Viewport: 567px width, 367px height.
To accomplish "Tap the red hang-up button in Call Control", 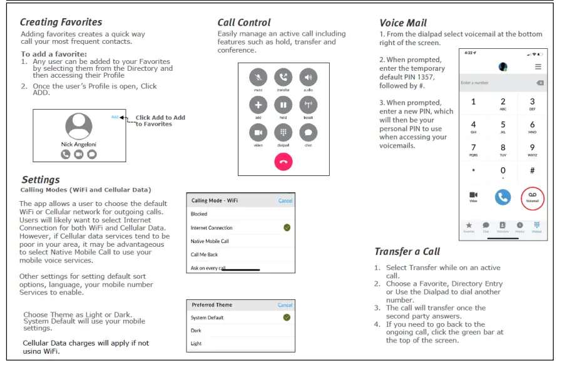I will tap(283, 162).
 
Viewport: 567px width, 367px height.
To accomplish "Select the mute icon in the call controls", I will tap(258, 78).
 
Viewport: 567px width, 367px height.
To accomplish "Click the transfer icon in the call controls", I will tap(283, 78).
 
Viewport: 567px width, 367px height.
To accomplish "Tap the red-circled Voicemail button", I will tap(532, 198).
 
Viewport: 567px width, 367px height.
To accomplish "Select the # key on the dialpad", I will tap(532, 170).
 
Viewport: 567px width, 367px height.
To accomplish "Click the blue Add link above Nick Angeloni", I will tap(115, 117).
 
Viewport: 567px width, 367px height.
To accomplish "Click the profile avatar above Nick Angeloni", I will tap(79, 126).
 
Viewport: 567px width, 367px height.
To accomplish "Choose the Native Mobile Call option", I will tap(210, 241).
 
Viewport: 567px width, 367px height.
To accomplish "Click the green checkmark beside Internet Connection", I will tap(287, 227).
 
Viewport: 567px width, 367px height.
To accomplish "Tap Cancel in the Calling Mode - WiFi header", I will tap(285, 201).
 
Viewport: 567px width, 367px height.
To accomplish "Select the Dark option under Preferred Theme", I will tap(197, 331).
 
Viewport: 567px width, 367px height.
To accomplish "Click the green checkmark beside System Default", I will tap(287, 318).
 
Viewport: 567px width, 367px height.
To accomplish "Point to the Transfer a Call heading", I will tap(407, 252).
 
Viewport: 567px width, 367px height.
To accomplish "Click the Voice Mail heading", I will tap(403, 23).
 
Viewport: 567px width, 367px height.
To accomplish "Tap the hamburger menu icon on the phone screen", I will tap(538, 66).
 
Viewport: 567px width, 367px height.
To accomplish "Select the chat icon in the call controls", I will tap(308, 133).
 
